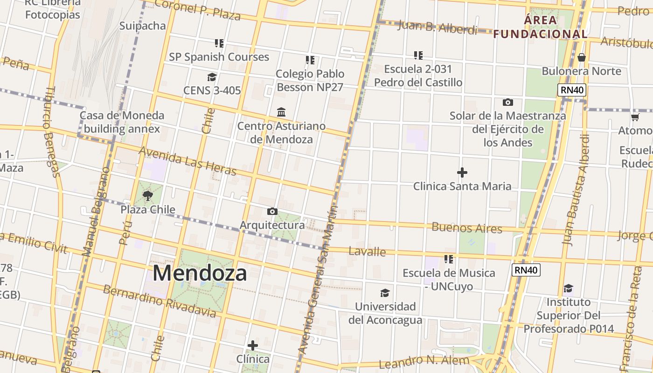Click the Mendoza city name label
point(200,273)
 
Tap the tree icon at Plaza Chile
point(148,196)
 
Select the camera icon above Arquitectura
point(272,212)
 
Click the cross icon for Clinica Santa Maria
point(462,173)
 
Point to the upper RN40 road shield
point(572,90)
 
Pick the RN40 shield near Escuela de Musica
point(526,269)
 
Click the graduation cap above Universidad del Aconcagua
point(385,293)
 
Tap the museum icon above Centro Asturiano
point(281,112)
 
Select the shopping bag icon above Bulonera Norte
point(581,57)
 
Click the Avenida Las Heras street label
point(187,161)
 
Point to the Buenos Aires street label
point(467,228)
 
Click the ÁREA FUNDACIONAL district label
point(541,27)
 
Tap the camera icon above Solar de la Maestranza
point(508,102)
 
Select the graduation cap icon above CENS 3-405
point(212,77)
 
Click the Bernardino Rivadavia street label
point(160,301)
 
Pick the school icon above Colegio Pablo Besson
point(310,60)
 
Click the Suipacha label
point(143,26)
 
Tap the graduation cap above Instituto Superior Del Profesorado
point(568,289)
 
